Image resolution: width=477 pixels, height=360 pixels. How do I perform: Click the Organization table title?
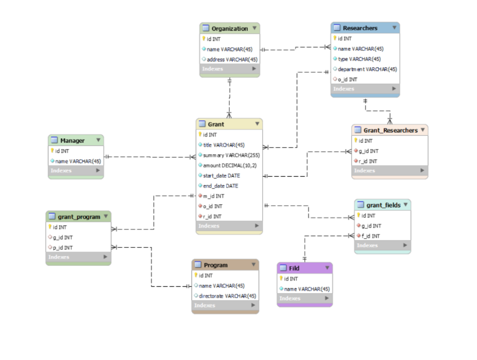230,29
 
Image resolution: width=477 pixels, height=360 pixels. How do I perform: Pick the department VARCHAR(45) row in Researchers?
367,69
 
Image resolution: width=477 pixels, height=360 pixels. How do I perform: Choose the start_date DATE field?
221,176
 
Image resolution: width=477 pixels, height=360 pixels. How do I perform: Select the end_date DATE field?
221,186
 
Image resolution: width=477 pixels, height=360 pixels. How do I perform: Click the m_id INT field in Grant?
213,196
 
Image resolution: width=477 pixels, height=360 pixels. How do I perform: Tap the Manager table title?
72,141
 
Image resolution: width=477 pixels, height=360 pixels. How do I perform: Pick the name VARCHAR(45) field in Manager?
78,161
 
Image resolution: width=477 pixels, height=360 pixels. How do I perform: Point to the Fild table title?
294,268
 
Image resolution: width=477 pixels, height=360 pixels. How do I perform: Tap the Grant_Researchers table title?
391,131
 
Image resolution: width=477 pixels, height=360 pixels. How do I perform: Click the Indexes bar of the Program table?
225,306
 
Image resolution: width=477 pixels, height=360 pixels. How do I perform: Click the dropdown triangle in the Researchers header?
395,28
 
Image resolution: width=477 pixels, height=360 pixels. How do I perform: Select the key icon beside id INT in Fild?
281,279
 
